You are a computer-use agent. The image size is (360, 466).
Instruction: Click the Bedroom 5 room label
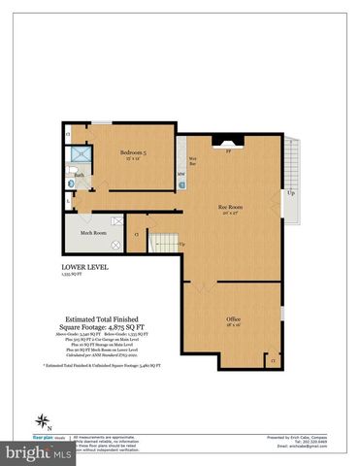[x=134, y=152]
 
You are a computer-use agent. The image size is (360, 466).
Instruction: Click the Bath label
[x=77, y=175]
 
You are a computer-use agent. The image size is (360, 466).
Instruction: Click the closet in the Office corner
[x=274, y=360]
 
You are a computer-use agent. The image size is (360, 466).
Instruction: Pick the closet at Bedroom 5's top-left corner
[x=68, y=133]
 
